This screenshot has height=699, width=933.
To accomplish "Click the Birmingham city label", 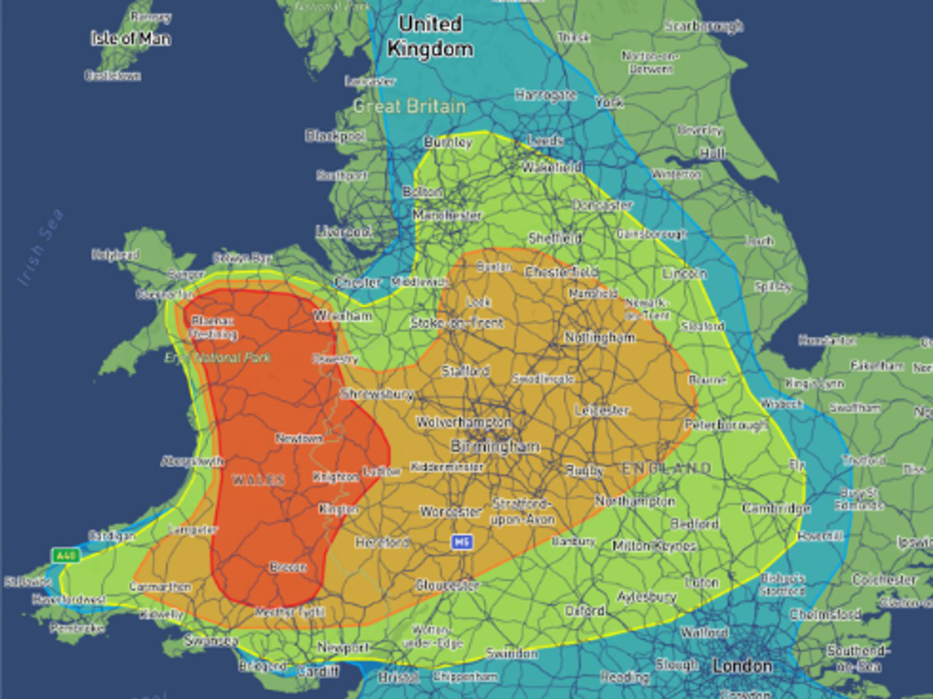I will (495, 447).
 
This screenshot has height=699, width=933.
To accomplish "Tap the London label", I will (742, 666).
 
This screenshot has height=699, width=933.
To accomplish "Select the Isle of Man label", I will (131, 38).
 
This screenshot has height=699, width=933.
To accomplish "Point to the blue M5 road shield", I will (462, 542).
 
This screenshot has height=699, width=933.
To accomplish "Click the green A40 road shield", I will (66, 555).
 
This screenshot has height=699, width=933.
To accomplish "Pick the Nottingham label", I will (600, 337).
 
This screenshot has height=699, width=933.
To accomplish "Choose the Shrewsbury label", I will (377, 394).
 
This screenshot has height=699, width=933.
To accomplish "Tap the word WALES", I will (258, 480).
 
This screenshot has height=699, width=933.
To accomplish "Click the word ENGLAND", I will (667, 468).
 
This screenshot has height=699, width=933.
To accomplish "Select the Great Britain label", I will (410, 106).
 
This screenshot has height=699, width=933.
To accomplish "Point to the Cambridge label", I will (776, 508).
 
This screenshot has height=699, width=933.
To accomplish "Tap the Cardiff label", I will (319, 671).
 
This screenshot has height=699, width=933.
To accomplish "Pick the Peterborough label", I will (726, 425).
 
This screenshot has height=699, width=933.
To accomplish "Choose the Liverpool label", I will (344, 231).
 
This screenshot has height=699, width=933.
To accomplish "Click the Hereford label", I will (383, 542).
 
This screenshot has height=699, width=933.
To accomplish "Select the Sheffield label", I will (555, 238).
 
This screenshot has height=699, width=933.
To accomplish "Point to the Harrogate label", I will (545, 95).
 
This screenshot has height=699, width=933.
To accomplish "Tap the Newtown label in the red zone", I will (299, 438).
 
